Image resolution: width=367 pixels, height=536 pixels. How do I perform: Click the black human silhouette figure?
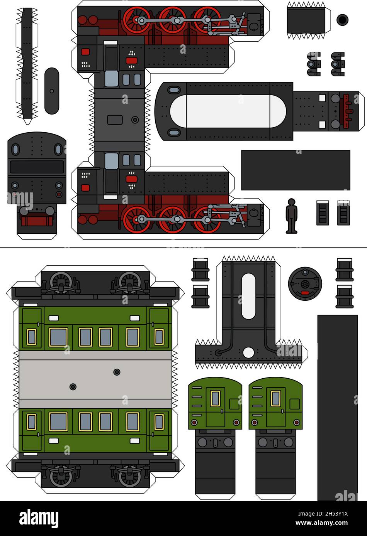292,216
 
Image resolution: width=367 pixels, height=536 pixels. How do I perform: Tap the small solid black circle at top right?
342,20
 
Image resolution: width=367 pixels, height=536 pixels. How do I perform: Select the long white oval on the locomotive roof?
228,111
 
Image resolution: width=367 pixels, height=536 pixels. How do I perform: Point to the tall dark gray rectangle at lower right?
337,407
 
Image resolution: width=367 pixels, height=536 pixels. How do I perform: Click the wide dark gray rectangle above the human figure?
296,170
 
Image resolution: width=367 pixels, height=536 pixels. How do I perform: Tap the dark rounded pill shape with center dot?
52,91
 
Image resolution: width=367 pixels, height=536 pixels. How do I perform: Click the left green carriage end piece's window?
215,398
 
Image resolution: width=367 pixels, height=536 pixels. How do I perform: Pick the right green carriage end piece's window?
275,398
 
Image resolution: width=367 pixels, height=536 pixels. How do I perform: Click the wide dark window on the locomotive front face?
37,167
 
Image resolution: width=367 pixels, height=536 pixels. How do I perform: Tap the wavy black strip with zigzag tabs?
27,64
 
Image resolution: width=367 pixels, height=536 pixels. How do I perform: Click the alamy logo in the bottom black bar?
39,518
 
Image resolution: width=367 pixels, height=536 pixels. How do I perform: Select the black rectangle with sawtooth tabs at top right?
306,21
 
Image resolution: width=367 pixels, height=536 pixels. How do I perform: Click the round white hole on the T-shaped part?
249,352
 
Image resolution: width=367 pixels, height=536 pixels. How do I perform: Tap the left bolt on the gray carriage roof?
73,386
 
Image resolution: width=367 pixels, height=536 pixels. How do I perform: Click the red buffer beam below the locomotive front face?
36,221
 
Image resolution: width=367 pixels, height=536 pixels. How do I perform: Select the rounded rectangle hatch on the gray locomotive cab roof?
115,120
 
